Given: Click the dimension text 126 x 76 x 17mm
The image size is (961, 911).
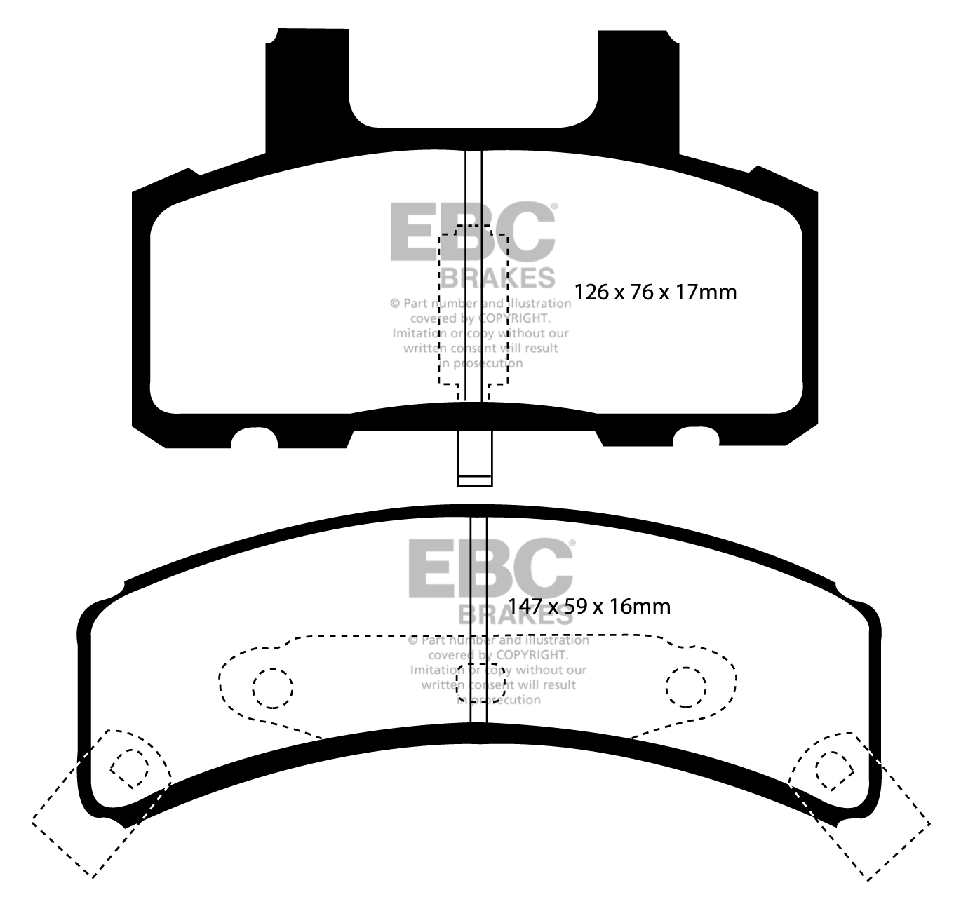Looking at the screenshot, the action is click(x=655, y=292).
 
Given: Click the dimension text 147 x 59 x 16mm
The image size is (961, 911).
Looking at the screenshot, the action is click(x=589, y=607).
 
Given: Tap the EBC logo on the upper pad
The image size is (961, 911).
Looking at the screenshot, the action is click(x=473, y=231).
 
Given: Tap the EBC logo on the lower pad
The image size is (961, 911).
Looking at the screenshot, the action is click(x=491, y=568).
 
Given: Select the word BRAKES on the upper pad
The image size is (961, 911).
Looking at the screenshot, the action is click(x=498, y=278).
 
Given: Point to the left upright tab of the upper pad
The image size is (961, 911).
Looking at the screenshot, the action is click(x=307, y=90).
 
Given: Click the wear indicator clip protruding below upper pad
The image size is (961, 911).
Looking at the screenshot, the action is click(x=475, y=458).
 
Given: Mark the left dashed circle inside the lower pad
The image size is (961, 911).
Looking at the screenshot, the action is click(x=273, y=688).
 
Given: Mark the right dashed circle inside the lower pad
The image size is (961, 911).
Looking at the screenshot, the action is click(x=686, y=687).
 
